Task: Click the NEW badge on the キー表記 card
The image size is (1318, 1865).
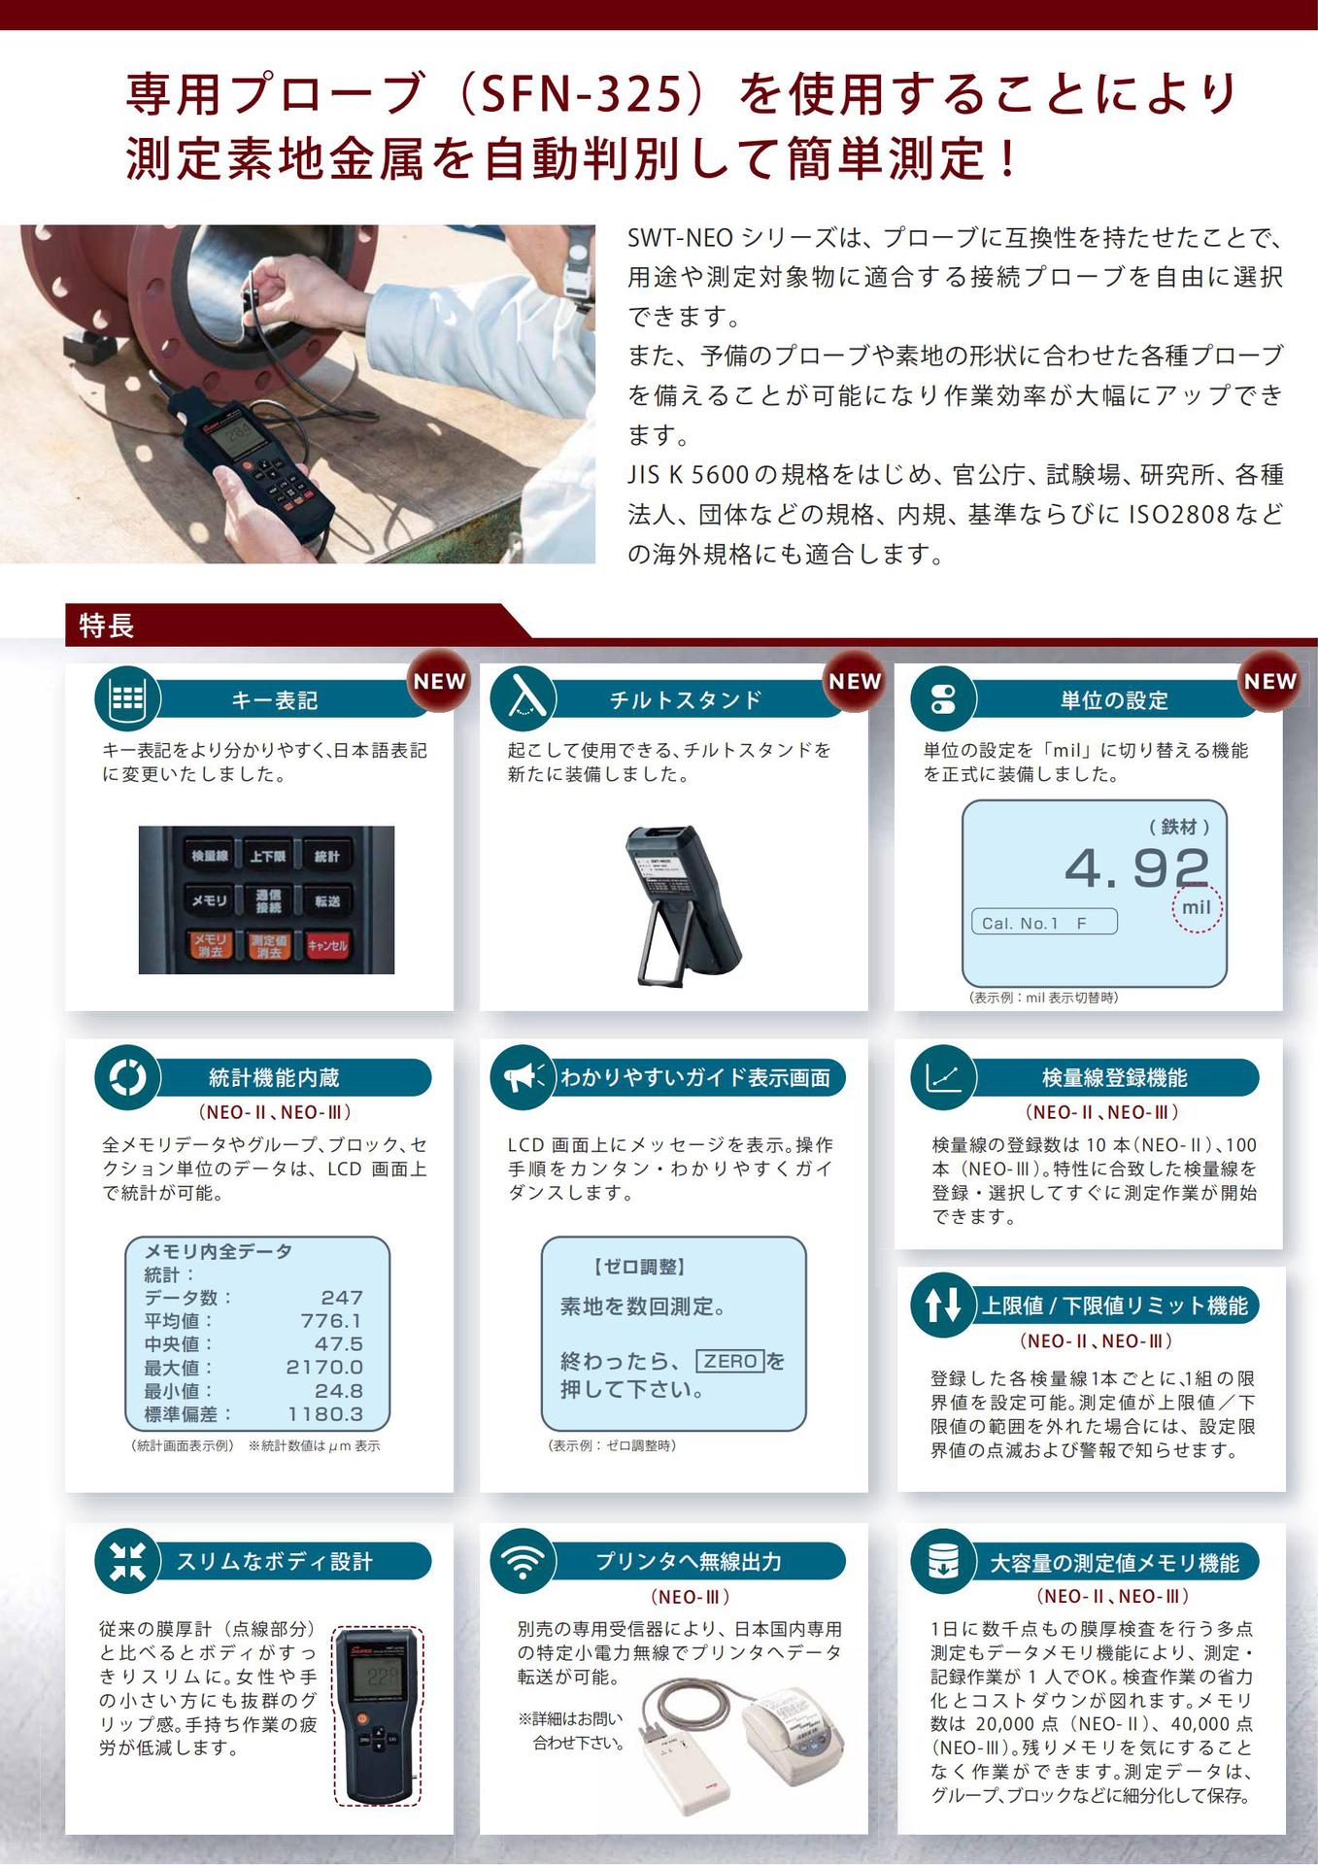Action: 440,681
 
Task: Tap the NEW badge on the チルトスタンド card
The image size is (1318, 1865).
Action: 855,681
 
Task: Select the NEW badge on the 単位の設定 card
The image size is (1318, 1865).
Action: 1269,681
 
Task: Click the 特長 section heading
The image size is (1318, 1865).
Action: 107,626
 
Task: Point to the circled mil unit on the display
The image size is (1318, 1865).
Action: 1197,907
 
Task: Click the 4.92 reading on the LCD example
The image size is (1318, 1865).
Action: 1137,867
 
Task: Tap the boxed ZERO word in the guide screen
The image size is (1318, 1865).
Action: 730,1361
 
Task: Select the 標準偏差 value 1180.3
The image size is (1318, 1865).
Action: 324,1414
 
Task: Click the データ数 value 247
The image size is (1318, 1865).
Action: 342,1298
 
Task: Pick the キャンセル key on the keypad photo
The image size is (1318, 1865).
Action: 327,945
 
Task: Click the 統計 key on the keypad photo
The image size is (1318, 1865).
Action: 327,856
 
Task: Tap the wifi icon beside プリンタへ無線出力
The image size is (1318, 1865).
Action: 523,1561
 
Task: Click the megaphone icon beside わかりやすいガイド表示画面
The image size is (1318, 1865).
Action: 523,1077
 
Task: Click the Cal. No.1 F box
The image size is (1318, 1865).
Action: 1044,922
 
